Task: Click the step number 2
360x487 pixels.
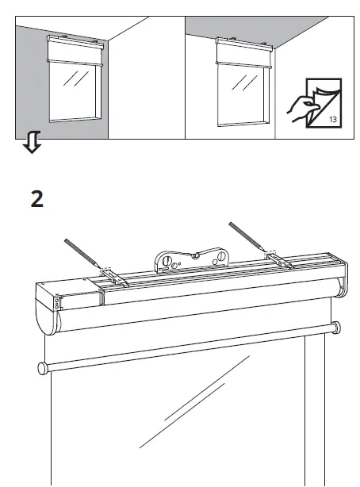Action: tap(37, 197)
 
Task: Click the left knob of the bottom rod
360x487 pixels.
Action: tap(40, 366)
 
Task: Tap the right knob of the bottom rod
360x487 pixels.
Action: tap(337, 326)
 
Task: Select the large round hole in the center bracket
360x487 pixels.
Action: tap(168, 261)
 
